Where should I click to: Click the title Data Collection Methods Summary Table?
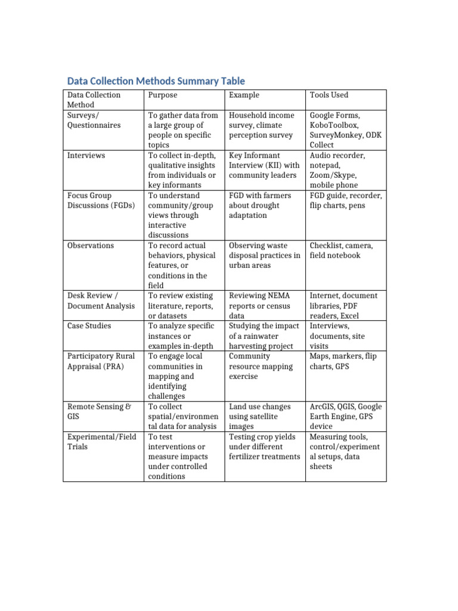click(156, 81)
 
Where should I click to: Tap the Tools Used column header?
click(329, 95)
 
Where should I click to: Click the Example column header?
click(244, 95)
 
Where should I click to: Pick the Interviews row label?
click(86, 155)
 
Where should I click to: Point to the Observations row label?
click(91, 245)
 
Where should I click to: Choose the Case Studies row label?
click(89, 326)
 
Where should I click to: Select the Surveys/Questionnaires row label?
click(94, 120)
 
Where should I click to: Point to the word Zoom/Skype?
click(333, 175)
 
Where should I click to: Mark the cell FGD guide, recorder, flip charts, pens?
click(345, 200)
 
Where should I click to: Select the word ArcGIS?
click(323, 406)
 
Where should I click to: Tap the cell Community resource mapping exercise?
click(261, 366)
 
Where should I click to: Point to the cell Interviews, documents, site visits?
click(337, 336)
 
